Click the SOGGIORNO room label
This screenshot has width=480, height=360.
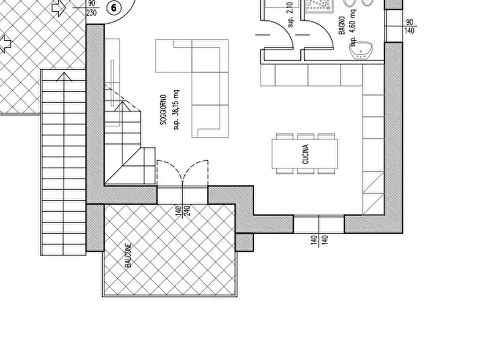(x=163, y=109)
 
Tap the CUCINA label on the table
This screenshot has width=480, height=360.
(x=305, y=154)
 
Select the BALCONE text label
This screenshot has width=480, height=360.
(x=128, y=256)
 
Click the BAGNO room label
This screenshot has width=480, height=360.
(x=342, y=25)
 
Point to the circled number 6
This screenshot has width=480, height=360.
(x=114, y=8)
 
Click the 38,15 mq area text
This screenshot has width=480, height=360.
(x=176, y=110)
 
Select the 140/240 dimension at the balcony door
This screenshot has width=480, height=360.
(x=183, y=211)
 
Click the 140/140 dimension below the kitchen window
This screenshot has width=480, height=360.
(x=319, y=240)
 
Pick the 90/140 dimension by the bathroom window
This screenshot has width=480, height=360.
(x=410, y=26)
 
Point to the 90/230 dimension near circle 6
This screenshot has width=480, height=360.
(x=91, y=8)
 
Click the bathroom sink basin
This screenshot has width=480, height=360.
(x=361, y=50)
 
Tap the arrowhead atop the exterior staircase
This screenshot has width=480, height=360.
(x=65, y=77)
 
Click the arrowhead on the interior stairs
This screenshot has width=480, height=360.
(x=122, y=106)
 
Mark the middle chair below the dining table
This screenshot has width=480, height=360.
(x=305, y=171)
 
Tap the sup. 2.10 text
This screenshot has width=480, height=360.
(x=290, y=14)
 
